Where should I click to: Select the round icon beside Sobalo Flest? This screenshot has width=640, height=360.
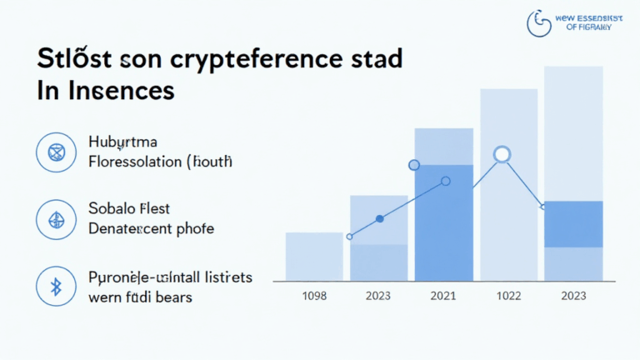point(57,219)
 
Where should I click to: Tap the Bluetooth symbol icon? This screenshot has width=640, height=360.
point(57,286)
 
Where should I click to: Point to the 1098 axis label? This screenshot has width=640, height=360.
point(314,296)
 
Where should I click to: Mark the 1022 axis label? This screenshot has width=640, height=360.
point(508,296)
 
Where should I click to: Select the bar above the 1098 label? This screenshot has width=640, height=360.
point(314,256)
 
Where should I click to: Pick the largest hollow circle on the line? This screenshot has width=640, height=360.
point(502,153)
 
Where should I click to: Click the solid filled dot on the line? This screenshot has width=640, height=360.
point(380,218)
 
